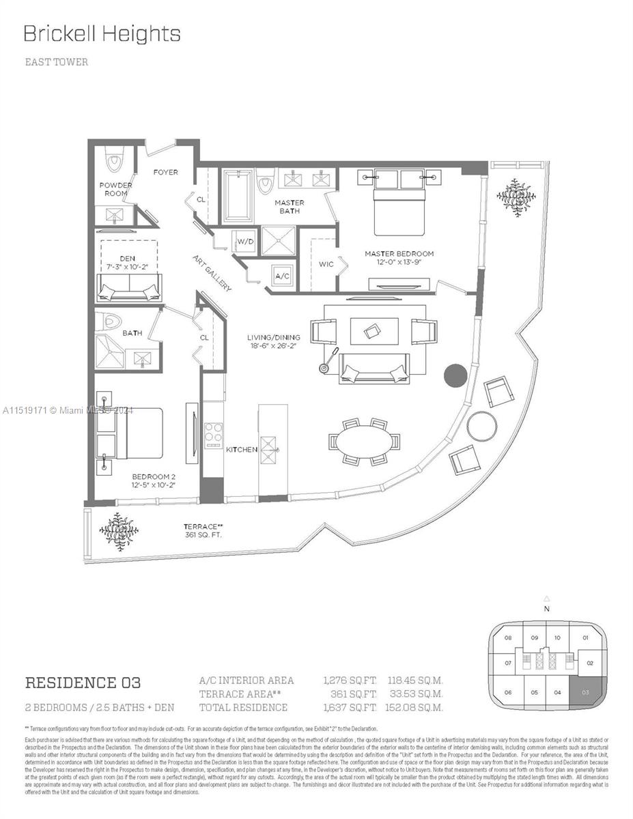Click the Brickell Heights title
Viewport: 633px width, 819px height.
coord(102,34)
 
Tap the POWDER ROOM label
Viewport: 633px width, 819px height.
coord(115,189)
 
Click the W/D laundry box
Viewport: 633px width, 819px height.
coord(245,241)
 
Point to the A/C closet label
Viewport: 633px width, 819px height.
coord(282,276)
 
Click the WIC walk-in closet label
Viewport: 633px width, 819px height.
coord(326,264)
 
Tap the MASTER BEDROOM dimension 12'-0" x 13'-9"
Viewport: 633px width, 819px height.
coord(399,263)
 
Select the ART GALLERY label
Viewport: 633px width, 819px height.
coord(212,272)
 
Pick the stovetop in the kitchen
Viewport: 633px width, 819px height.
coord(214,433)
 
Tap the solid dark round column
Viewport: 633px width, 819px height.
coord(455,375)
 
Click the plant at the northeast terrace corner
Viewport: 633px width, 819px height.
coord(517,197)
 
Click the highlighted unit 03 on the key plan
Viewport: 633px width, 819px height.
coord(585,692)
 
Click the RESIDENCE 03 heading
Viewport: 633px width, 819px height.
coord(83,682)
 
